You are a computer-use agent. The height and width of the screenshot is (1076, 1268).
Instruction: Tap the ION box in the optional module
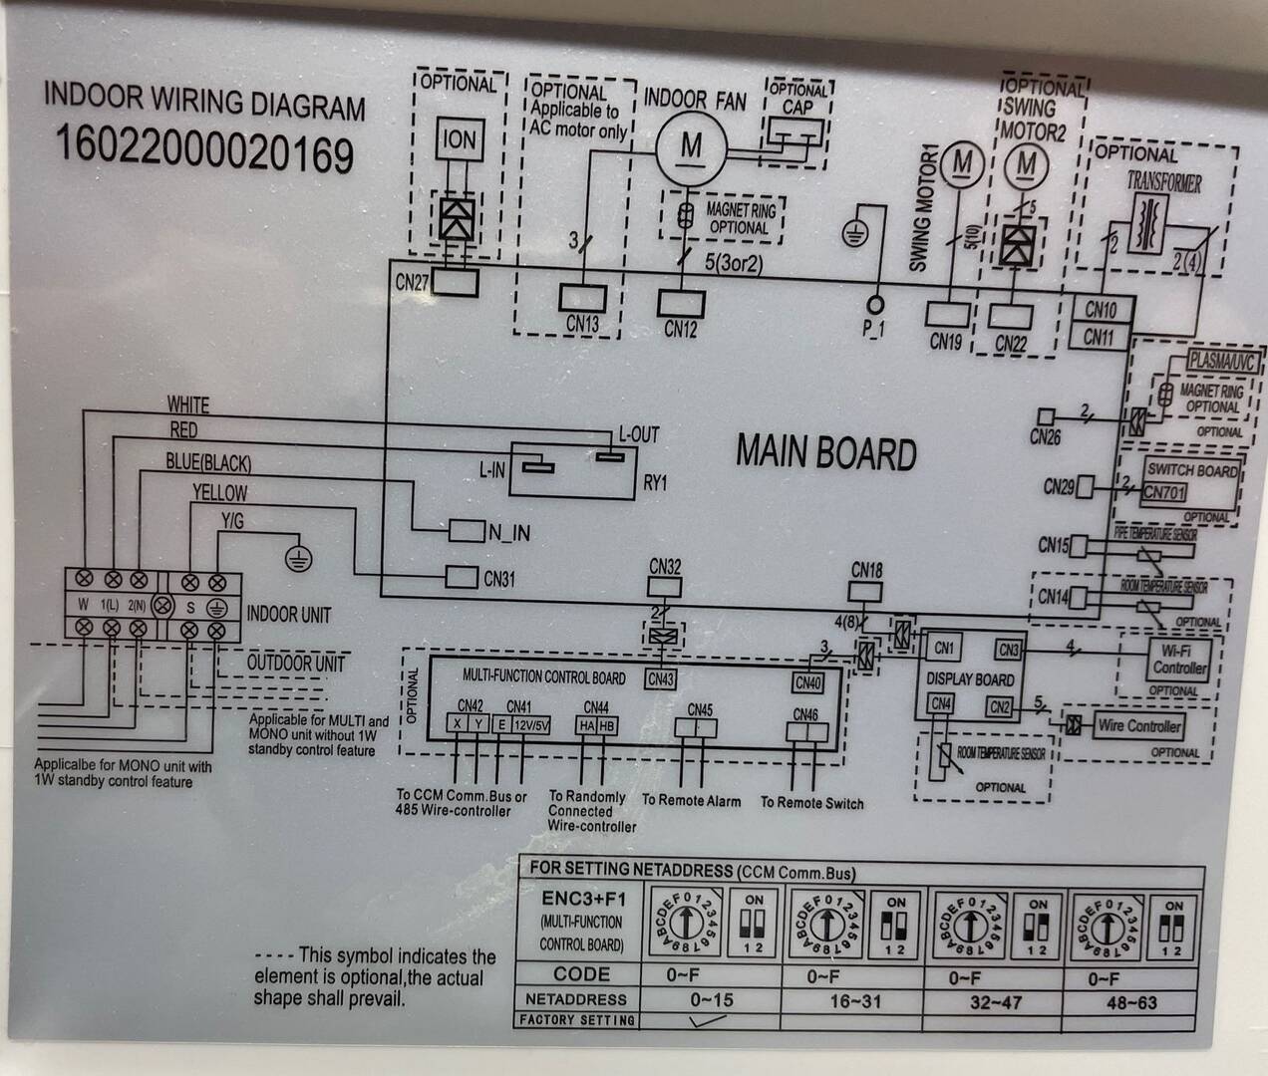pyautogui.click(x=458, y=140)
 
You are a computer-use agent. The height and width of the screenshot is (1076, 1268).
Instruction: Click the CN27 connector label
pyautogui.click(x=411, y=282)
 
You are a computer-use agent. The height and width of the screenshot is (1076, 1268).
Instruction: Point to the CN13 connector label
pyautogui.click(x=582, y=324)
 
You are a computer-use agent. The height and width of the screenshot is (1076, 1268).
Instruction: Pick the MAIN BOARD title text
pyautogui.click(x=825, y=452)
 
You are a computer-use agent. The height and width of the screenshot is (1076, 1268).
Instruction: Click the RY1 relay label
pyautogui.click(x=655, y=483)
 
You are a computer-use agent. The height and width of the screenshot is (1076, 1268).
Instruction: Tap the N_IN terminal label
pyautogui.click(x=509, y=533)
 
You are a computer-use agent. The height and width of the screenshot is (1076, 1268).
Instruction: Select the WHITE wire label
pyautogui.click(x=188, y=404)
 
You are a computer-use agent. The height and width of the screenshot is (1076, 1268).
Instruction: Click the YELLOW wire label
pyautogui.click(x=219, y=492)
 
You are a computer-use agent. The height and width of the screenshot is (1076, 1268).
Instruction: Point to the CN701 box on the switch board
pyautogui.click(x=1164, y=491)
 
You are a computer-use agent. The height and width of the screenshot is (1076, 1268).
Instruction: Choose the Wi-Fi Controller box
pyautogui.click(x=1179, y=659)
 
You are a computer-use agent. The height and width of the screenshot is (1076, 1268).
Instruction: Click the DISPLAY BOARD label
pyautogui.click(x=969, y=679)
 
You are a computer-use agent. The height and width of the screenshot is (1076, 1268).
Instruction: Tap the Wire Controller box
pyautogui.click(x=1139, y=725)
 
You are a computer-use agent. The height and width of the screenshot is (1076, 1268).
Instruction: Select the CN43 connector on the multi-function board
pyautogui.click(x=661, y=679)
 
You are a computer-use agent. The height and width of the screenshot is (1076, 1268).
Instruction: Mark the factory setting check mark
pyautogui.click(x=710, y=1019)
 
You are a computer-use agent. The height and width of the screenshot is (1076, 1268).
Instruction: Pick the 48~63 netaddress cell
pyautogui.click(x=1131, y=1001)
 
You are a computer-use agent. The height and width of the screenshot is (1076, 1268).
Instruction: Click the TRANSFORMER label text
pyautogui.click(x=1163, y=182)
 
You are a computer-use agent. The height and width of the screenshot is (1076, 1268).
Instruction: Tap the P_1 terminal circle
pyautogui.click(x=876, y=303)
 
